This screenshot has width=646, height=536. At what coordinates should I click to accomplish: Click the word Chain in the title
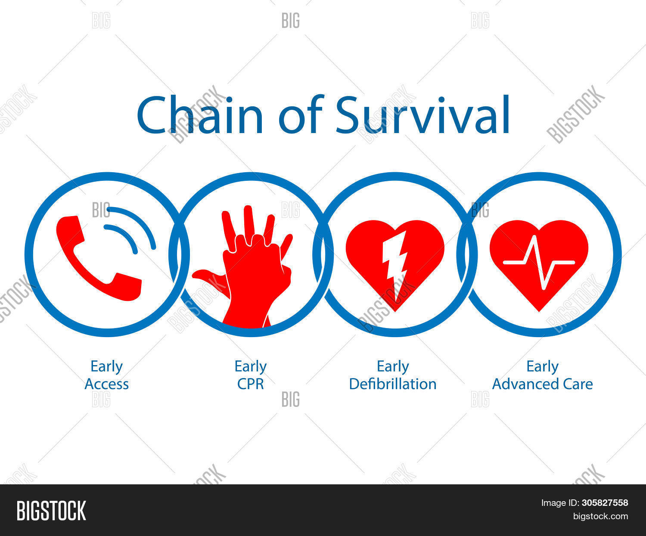point(200,115)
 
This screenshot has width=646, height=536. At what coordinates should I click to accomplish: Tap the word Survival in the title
point(422,115)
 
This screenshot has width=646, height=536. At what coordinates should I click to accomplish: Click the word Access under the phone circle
point(106,384)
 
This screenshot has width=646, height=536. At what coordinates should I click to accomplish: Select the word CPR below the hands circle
point(250,384)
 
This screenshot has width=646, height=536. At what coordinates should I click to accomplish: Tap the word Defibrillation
point(392,384)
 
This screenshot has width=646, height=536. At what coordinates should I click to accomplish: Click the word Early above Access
point(106,367)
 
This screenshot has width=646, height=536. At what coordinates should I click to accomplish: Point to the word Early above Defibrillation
point(392,367)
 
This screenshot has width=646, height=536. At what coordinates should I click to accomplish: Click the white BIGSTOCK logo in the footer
point(51,511)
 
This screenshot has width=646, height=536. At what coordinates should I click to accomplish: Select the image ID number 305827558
point(605,503)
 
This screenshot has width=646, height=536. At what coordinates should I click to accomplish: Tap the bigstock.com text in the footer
point(600,516)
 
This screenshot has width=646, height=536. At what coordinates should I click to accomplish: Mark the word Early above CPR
point(250,367)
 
